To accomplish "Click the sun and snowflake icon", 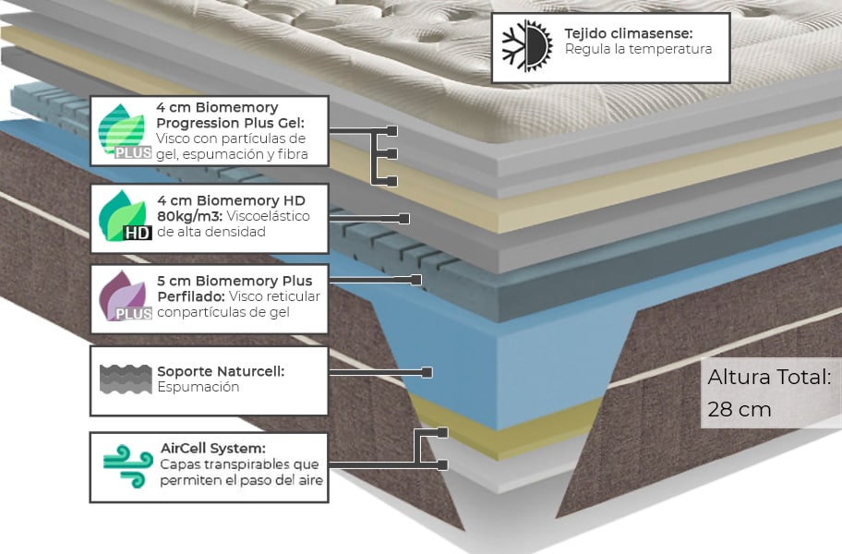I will coord(526,47).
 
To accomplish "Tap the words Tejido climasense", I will coord(628,33).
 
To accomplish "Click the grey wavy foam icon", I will coord(125,379).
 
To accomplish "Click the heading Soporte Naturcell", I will coord(221,371).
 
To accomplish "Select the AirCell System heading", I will coord(212,448).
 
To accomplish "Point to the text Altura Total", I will coord(769,378).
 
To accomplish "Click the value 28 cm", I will coord(739,409).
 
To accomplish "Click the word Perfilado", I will coord(189,296).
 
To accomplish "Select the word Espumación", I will coord(198,387).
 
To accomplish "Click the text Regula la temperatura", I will coord(638,49).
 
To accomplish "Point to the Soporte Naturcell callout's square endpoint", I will coord(427,372).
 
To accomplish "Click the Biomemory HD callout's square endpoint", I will coord(403,219).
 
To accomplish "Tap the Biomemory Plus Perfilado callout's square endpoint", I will coord(416,279).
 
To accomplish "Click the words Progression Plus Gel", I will coord(230,123).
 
